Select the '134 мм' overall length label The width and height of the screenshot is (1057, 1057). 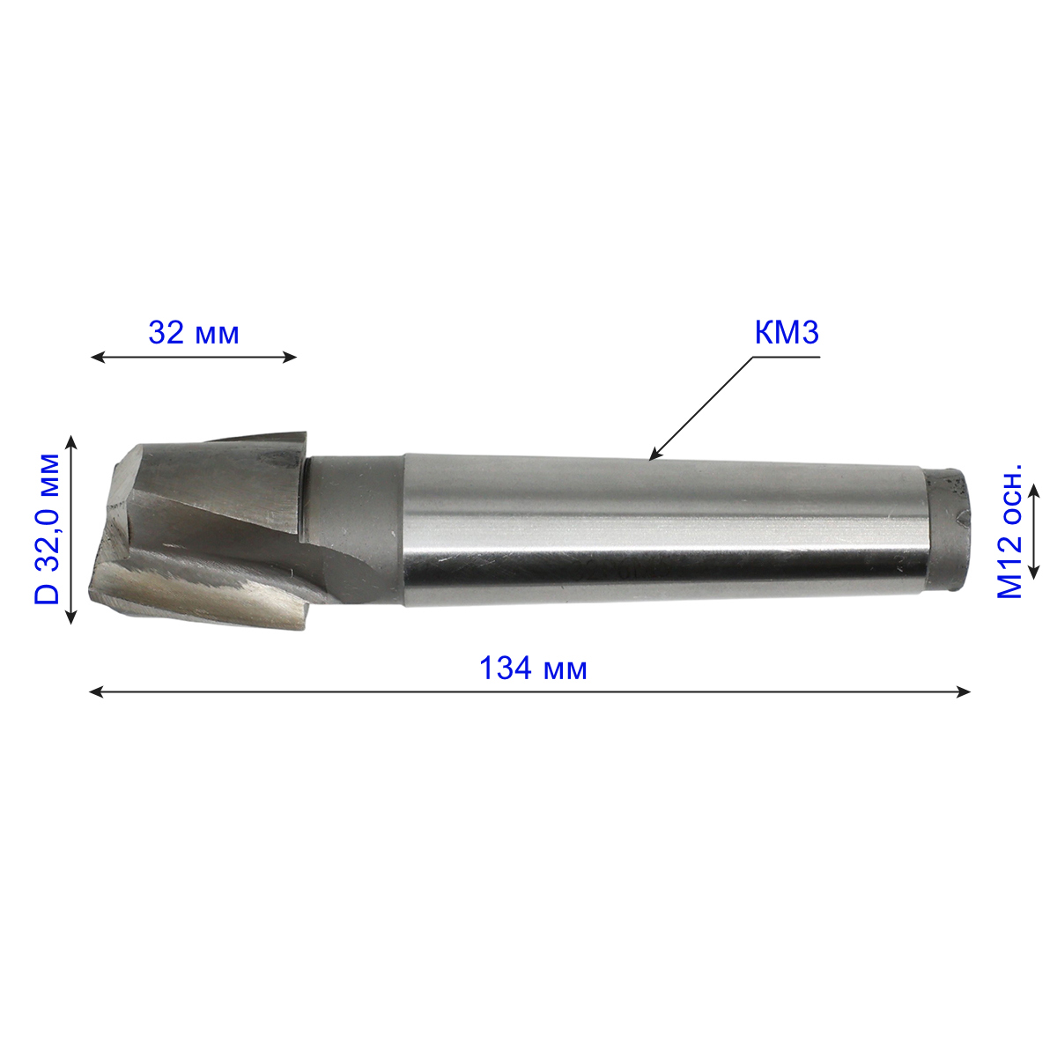pyautogui.click(x=533, y=669)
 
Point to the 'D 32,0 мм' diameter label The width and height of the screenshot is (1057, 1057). pyautogui.click(x=48, y=528)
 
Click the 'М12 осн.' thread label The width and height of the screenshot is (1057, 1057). pyautogui.click(x=1009, y=530)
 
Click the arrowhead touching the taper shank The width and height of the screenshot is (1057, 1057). pyautogui.click(x=654, y=455)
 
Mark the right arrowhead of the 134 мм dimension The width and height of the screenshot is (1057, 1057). pyautogui.click(x=964, y=692)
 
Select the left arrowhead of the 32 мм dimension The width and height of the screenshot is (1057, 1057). pyautogui.click(x=97, y=358)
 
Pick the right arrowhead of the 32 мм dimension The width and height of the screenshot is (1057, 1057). pyautogui.click(x=290, y=358)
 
